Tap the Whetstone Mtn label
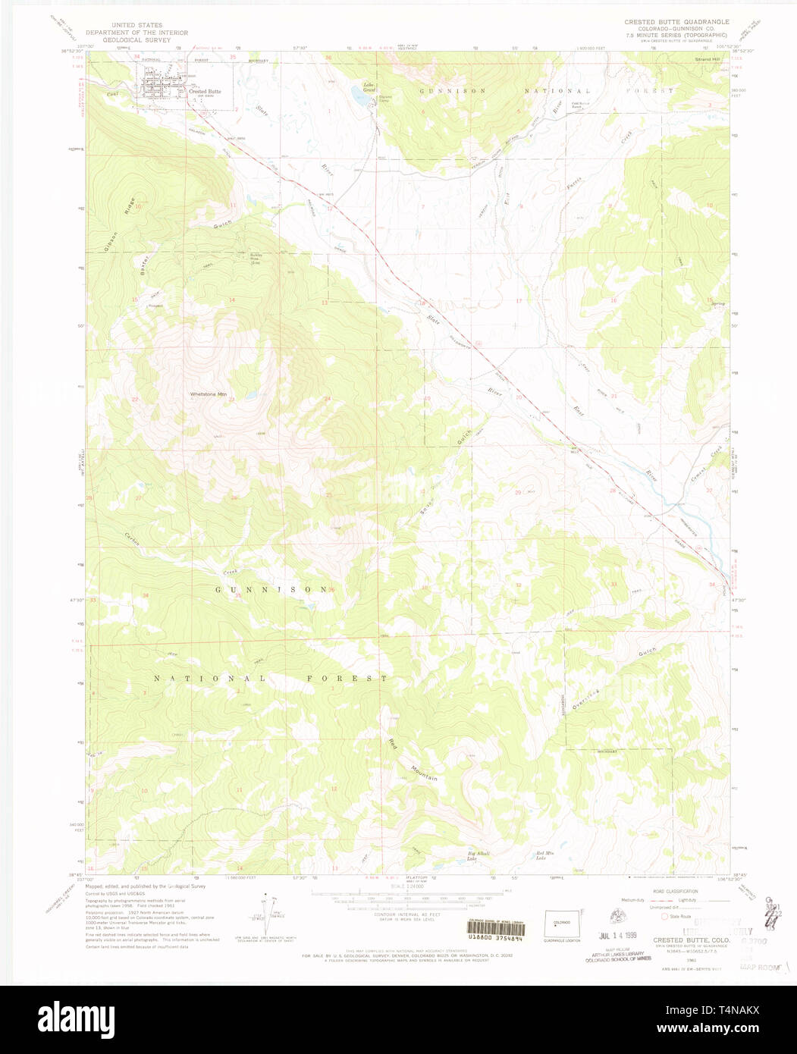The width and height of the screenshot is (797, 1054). coord(208,394)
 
